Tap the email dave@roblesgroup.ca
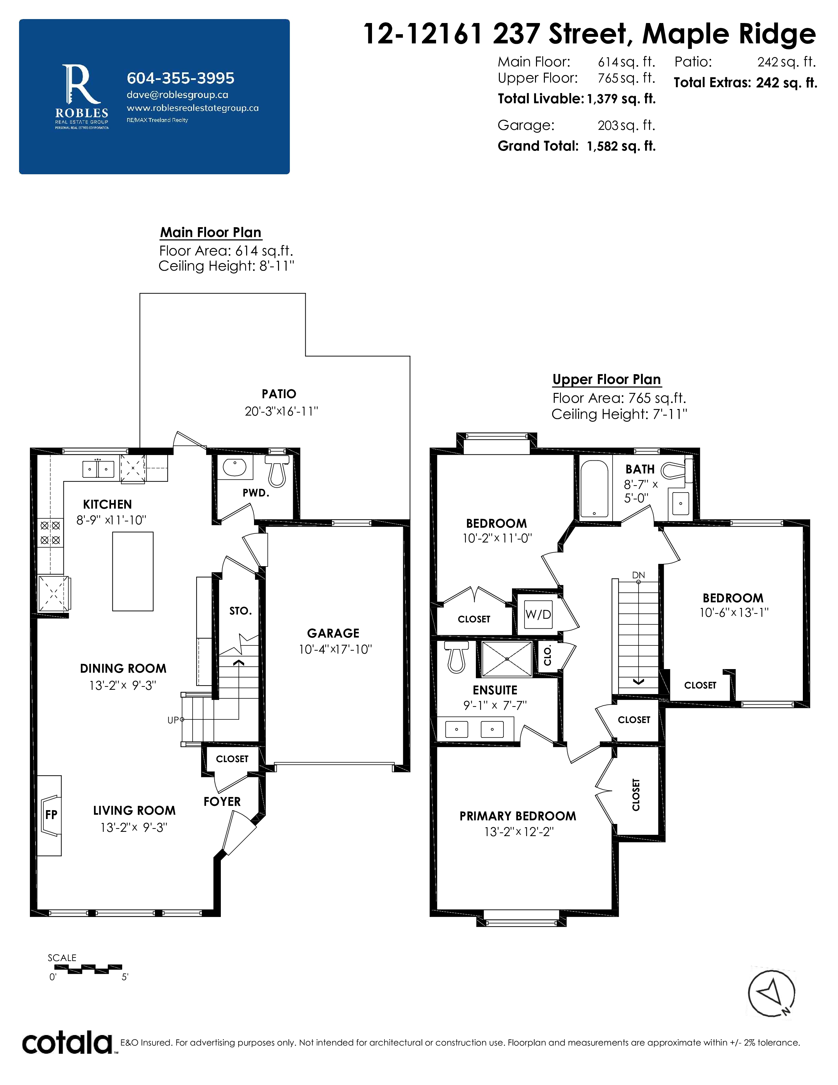point(177,95)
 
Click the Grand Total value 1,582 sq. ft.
point(621,146)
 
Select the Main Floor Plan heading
point(211,232)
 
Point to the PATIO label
point(279,394)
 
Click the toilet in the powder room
point(277,471)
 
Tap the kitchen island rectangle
point(132,571)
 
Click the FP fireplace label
point(51,815)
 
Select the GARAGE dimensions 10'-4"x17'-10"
point(335,649)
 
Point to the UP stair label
point(173,720)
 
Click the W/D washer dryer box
point(538,614)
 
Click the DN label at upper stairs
point(639,575)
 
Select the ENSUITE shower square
point(507,659)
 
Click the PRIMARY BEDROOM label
point(518,816)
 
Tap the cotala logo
point(67,1043)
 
